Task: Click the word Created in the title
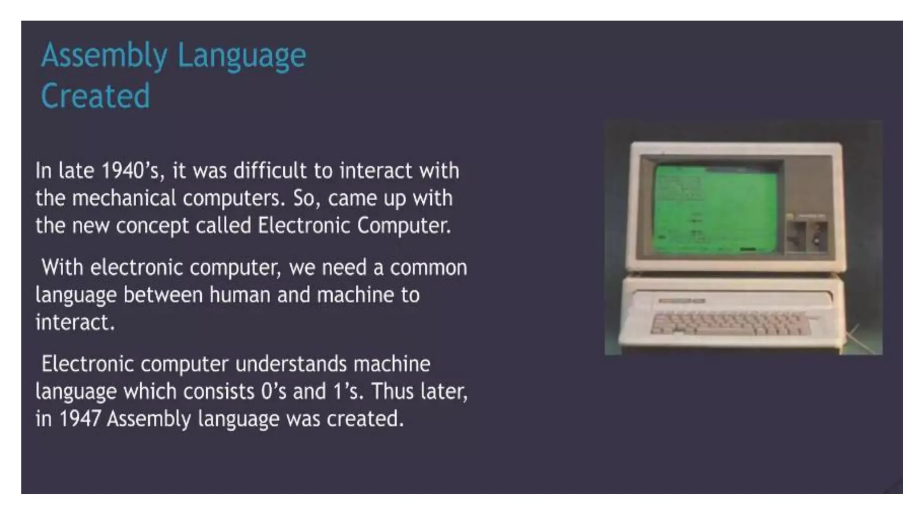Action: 95,96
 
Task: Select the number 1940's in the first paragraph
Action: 133,171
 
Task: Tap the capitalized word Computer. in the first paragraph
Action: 404,226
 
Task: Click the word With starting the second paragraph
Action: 62,268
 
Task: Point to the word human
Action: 240,295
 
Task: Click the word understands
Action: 291,364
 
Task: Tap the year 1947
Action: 80,419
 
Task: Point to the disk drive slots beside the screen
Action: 807,236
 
